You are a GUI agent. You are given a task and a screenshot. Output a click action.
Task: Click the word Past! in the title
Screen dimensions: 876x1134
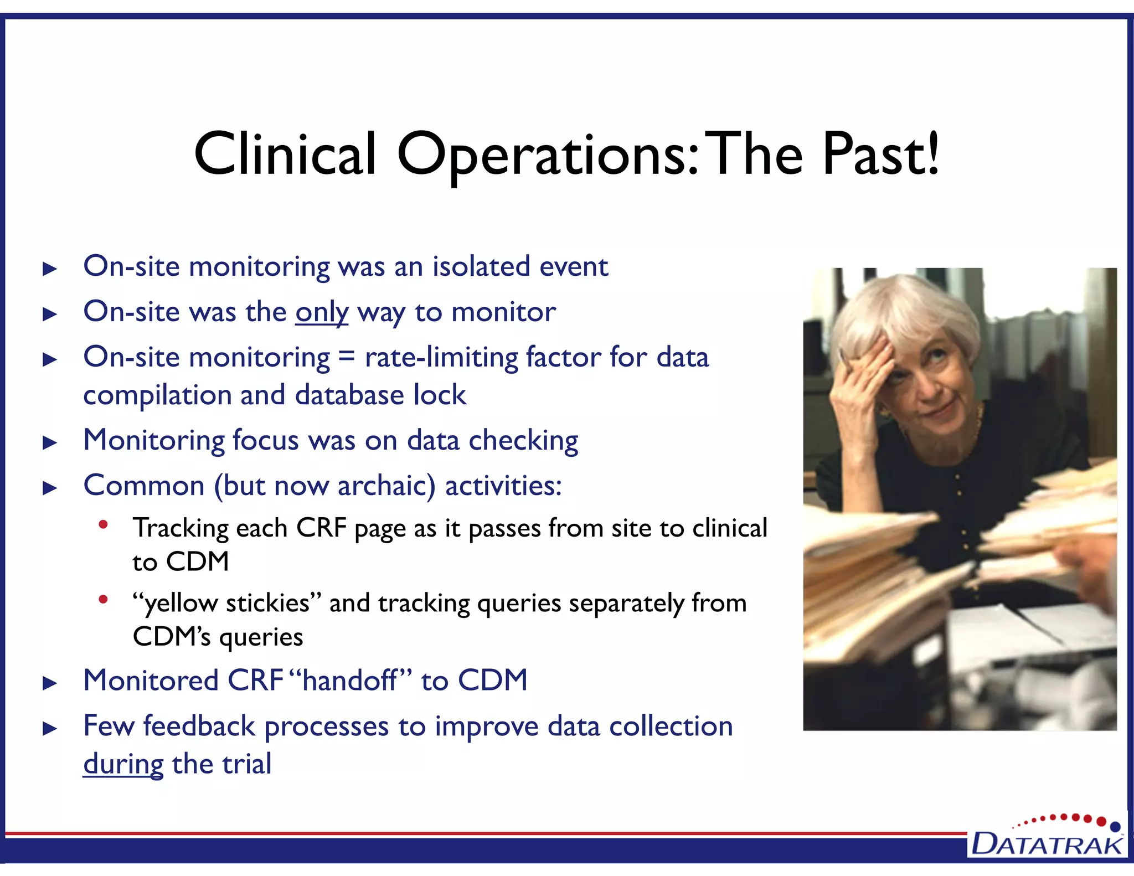point(880,154)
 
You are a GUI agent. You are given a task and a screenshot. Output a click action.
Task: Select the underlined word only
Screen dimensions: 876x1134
point(322,312)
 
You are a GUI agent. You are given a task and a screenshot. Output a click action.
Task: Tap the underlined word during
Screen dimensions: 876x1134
point(123,764)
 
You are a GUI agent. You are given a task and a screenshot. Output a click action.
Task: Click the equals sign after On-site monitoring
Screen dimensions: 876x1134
point(347,357)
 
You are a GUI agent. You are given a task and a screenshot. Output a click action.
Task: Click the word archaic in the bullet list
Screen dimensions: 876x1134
point(386,486)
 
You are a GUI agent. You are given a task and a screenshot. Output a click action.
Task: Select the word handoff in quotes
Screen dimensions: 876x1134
point(350,681)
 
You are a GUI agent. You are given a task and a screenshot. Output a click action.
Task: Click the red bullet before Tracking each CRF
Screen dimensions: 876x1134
point(103,524)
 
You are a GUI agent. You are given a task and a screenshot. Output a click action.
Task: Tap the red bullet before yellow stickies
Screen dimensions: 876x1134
point(103,599)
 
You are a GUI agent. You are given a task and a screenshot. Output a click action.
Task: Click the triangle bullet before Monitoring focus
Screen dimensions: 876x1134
point(50,442)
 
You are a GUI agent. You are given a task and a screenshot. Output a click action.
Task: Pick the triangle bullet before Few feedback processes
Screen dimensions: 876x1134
point(50,728)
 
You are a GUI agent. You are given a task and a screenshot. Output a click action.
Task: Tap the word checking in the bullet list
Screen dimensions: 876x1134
point(523,441)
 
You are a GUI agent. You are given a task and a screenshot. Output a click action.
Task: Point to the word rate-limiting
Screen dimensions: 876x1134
point(440,357)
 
